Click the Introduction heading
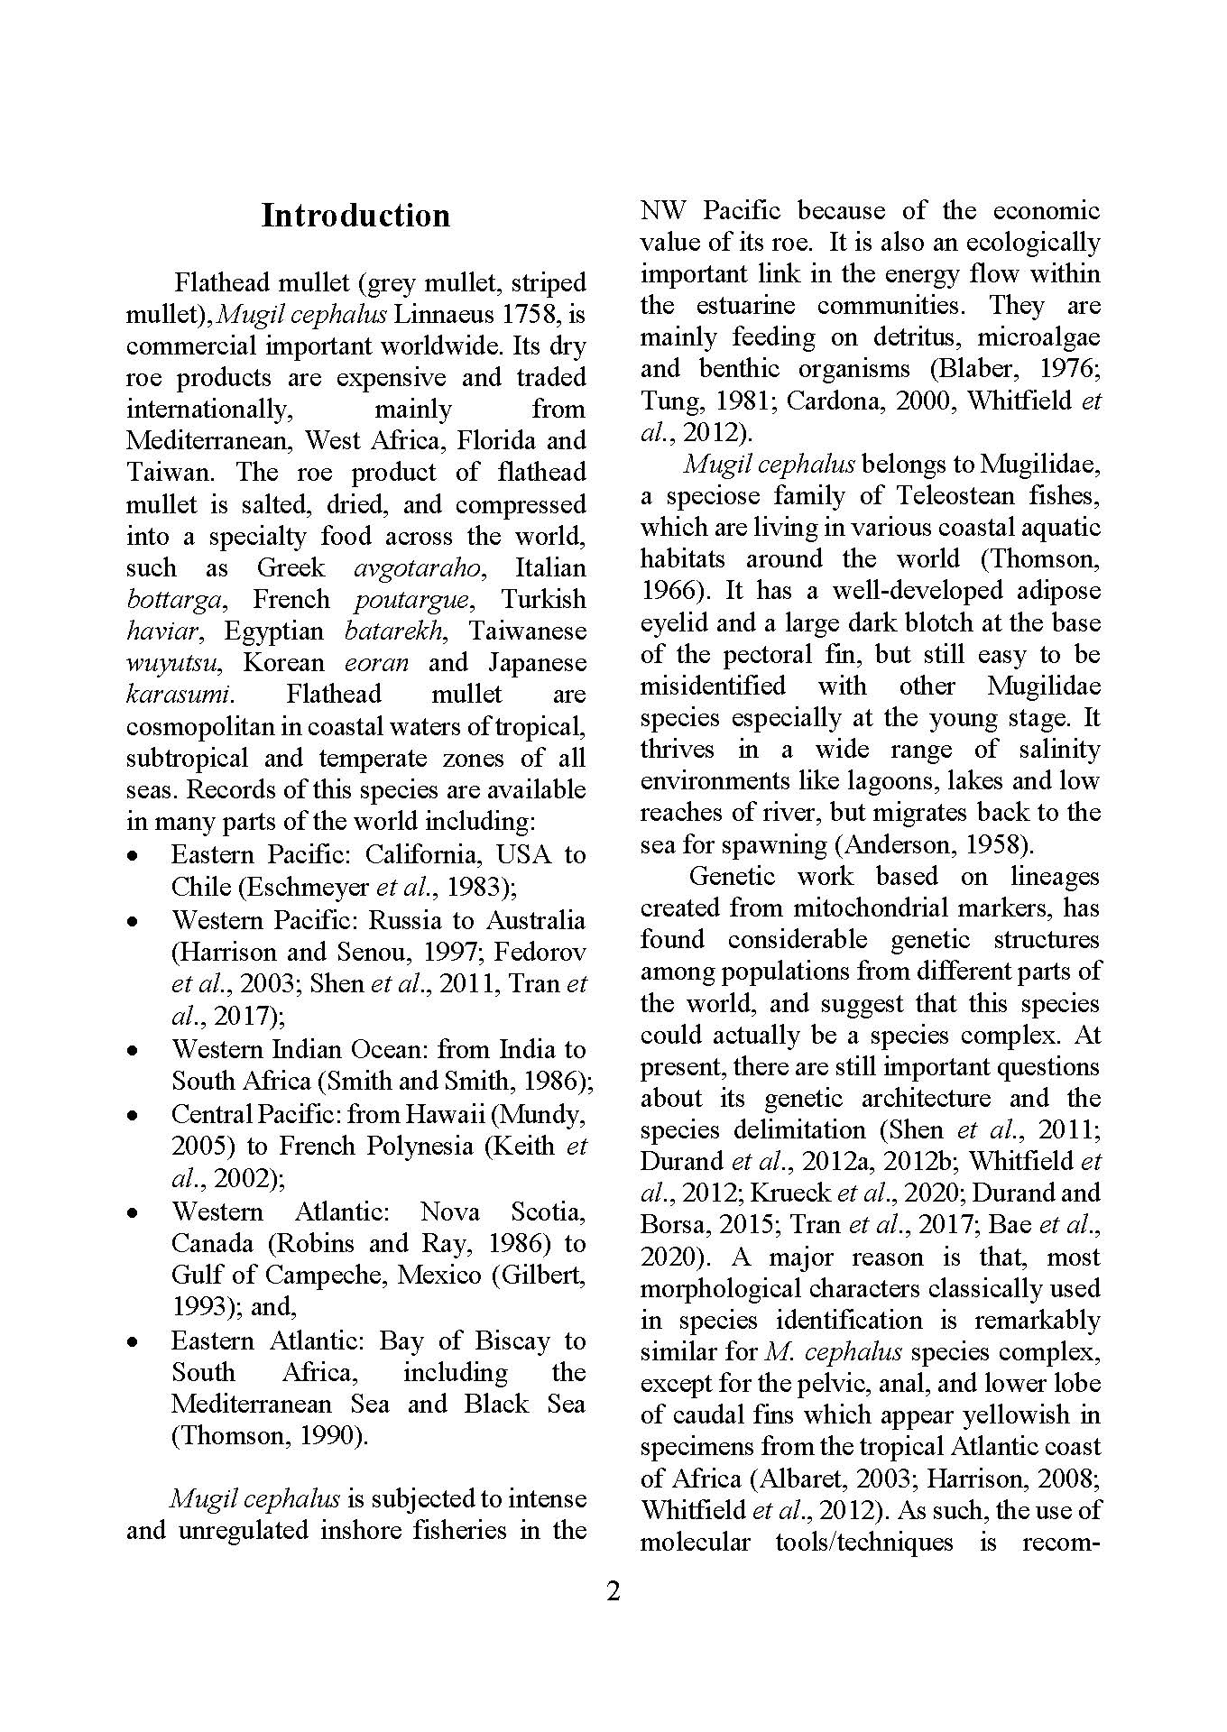coord(355,216)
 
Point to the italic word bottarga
coord(176,600)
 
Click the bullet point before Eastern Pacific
coord(134,854)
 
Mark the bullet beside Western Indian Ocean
coord(134,1050)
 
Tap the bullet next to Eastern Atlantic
coord(134,1341)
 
